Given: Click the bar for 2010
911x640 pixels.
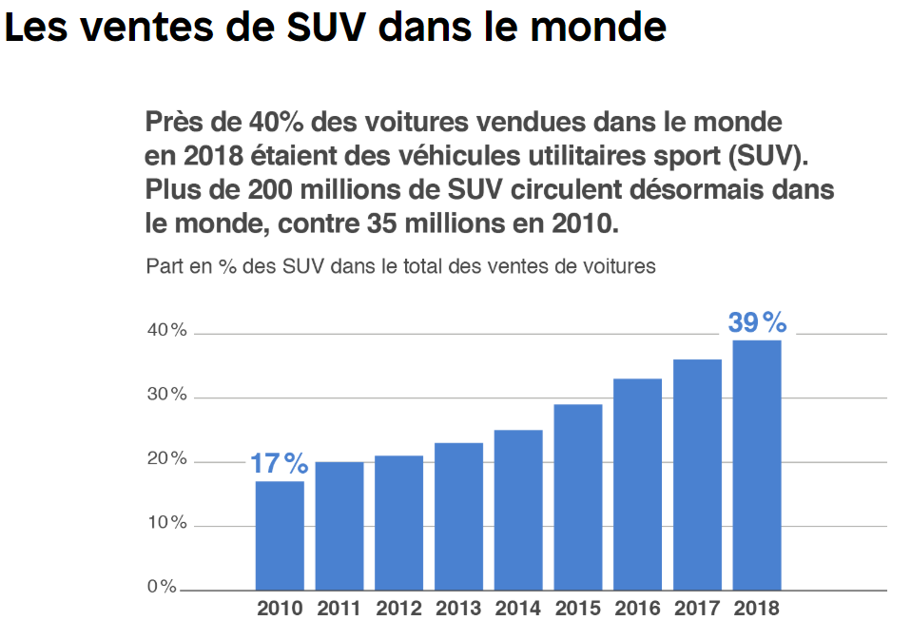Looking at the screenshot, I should pyautogui.click(x=280, y=535).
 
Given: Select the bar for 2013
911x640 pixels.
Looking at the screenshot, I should pyautogui.click(x=458, y=516).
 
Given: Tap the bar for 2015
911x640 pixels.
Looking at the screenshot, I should pyautogui.click(x=578, y=497).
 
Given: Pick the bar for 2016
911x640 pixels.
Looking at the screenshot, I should pyautogui.click(x=637, y=484).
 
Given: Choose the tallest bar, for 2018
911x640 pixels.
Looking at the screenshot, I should pyautogui.click(x=757, y=465).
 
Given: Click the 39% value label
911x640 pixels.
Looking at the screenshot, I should pyautogui.click(x=757, y=323).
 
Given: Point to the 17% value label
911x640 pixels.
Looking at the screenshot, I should pyautogui.click(x=279, y=464).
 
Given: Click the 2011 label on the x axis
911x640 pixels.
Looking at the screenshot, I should pyautogui.click(x=339, y=609).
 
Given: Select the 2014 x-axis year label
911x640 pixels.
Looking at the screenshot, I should pyautogui.click(x=518, y=609).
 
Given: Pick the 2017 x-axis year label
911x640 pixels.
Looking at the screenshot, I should pyautogui.click(x=697, y=609).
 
